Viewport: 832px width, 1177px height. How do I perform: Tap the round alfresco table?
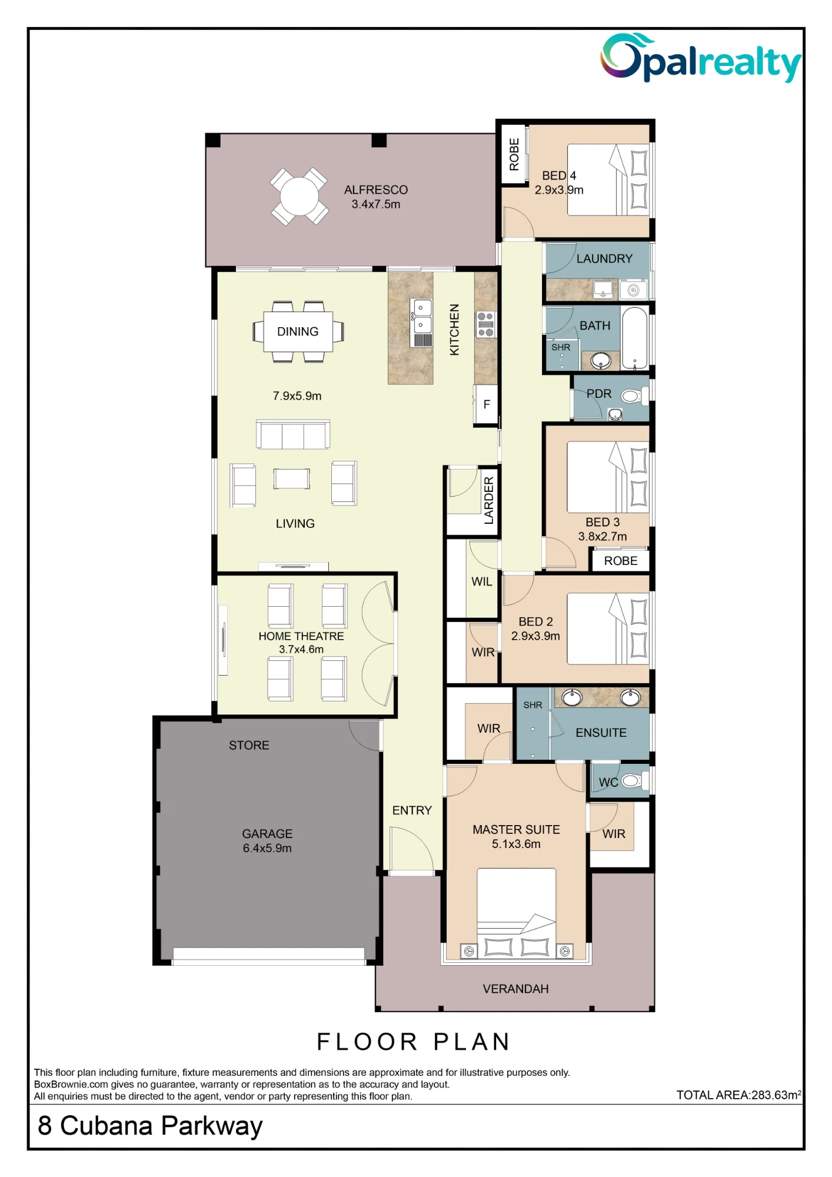pyautogui.click(x=299, y=197)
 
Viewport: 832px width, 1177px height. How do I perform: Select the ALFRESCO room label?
pyautogui.click(x=376, y=190)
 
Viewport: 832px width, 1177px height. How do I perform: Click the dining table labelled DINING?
pyautogui.click(x=298, y=331)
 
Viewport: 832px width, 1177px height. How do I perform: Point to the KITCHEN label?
pyautogui.click(x=454, y=330)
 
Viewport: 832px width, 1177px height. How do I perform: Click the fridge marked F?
pyautogui.click(x=487, y=404)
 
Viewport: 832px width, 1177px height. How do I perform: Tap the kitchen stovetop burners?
pyautogui.click(x=485, y=324)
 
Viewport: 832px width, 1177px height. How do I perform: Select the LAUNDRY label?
pyautogui.click(x=604, y=258)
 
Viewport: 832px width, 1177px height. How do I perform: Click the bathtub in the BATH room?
pyautogui.click(x=635, y=338)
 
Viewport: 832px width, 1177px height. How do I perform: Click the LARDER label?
pyautogui.click(x=489, y=500)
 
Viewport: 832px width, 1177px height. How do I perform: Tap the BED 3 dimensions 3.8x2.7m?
pyautogui.click(x=603, y=537)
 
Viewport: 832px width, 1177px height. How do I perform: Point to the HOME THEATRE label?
pyautogui.click(x=301, y=636)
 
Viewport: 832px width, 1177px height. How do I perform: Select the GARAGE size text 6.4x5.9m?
pyautogui.click(x=267, y=848)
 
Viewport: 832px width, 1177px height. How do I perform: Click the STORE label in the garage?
pyautogui.click(x=249, y=745)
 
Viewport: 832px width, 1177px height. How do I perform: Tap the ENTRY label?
pyautogui.click(x=412, y=810)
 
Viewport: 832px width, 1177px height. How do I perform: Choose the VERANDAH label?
pyautogui.click(x=515, y=989)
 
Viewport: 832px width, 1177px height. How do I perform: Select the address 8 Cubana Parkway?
pyautogui.click(x=150, y=1126)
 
